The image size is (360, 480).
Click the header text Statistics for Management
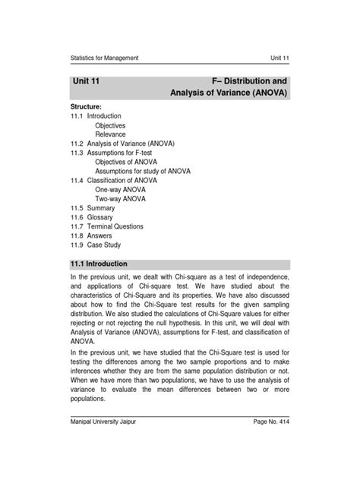[x=104, y=58]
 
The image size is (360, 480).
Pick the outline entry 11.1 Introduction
[x=96, y=116]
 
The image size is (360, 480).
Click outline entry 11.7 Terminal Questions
[x=107, y=226]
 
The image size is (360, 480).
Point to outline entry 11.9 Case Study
[x=96, y=245]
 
